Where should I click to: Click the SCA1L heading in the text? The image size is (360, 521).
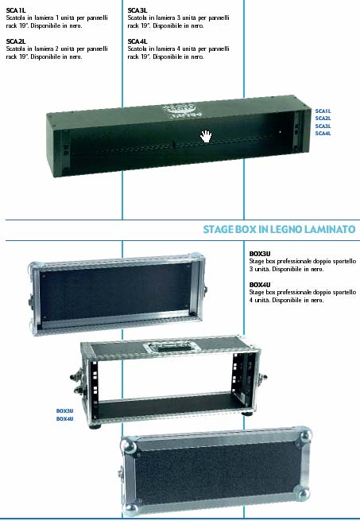(16, 10)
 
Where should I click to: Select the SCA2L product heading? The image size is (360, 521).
(16, 41)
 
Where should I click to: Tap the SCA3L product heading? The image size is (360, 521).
(137, 10)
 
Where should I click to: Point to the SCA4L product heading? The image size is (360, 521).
(137, 41)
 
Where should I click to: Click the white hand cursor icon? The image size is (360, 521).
(206, 136)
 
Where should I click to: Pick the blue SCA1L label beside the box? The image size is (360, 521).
(323, 111)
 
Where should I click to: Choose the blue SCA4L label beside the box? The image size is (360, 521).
(323, 134)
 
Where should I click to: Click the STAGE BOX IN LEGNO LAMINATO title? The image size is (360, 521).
(279, 229)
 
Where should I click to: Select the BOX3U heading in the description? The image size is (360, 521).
(260, 254)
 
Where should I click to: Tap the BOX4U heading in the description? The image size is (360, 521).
(260, 285)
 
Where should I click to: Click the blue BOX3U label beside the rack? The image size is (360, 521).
(64, 411)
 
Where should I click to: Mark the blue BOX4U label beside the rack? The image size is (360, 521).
(64, 418)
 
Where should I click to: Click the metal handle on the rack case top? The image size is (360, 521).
(172, 348)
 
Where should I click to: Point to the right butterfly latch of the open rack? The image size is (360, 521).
(262, 377)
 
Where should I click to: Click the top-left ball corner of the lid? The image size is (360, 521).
(128, 445)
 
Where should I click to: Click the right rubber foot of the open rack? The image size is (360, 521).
(246, 414)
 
